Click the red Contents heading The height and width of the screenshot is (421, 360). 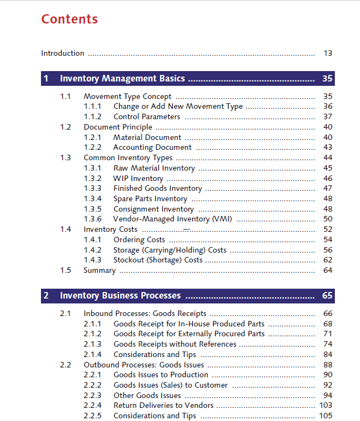69,19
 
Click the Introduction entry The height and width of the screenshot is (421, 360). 63,53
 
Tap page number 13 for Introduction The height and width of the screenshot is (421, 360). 328,53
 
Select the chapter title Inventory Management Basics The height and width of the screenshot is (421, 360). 122,79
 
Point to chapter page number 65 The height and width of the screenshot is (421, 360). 327,296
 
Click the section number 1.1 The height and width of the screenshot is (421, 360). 66,96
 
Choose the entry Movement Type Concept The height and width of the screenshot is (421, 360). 127,96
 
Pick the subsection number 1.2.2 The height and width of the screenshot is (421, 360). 92,147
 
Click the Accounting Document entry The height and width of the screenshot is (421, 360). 152,147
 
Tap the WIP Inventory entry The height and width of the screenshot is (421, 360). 138,178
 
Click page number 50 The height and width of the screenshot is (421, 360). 328,219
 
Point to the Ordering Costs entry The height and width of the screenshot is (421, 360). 139,239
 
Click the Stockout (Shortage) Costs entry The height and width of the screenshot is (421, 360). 158,260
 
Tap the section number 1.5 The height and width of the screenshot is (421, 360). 66,270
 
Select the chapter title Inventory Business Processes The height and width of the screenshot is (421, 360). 120,296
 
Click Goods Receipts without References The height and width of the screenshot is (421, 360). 175,344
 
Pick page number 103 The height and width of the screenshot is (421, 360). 326,405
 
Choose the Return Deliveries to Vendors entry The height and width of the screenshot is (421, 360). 163,405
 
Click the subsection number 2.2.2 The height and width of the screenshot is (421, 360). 92,385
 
